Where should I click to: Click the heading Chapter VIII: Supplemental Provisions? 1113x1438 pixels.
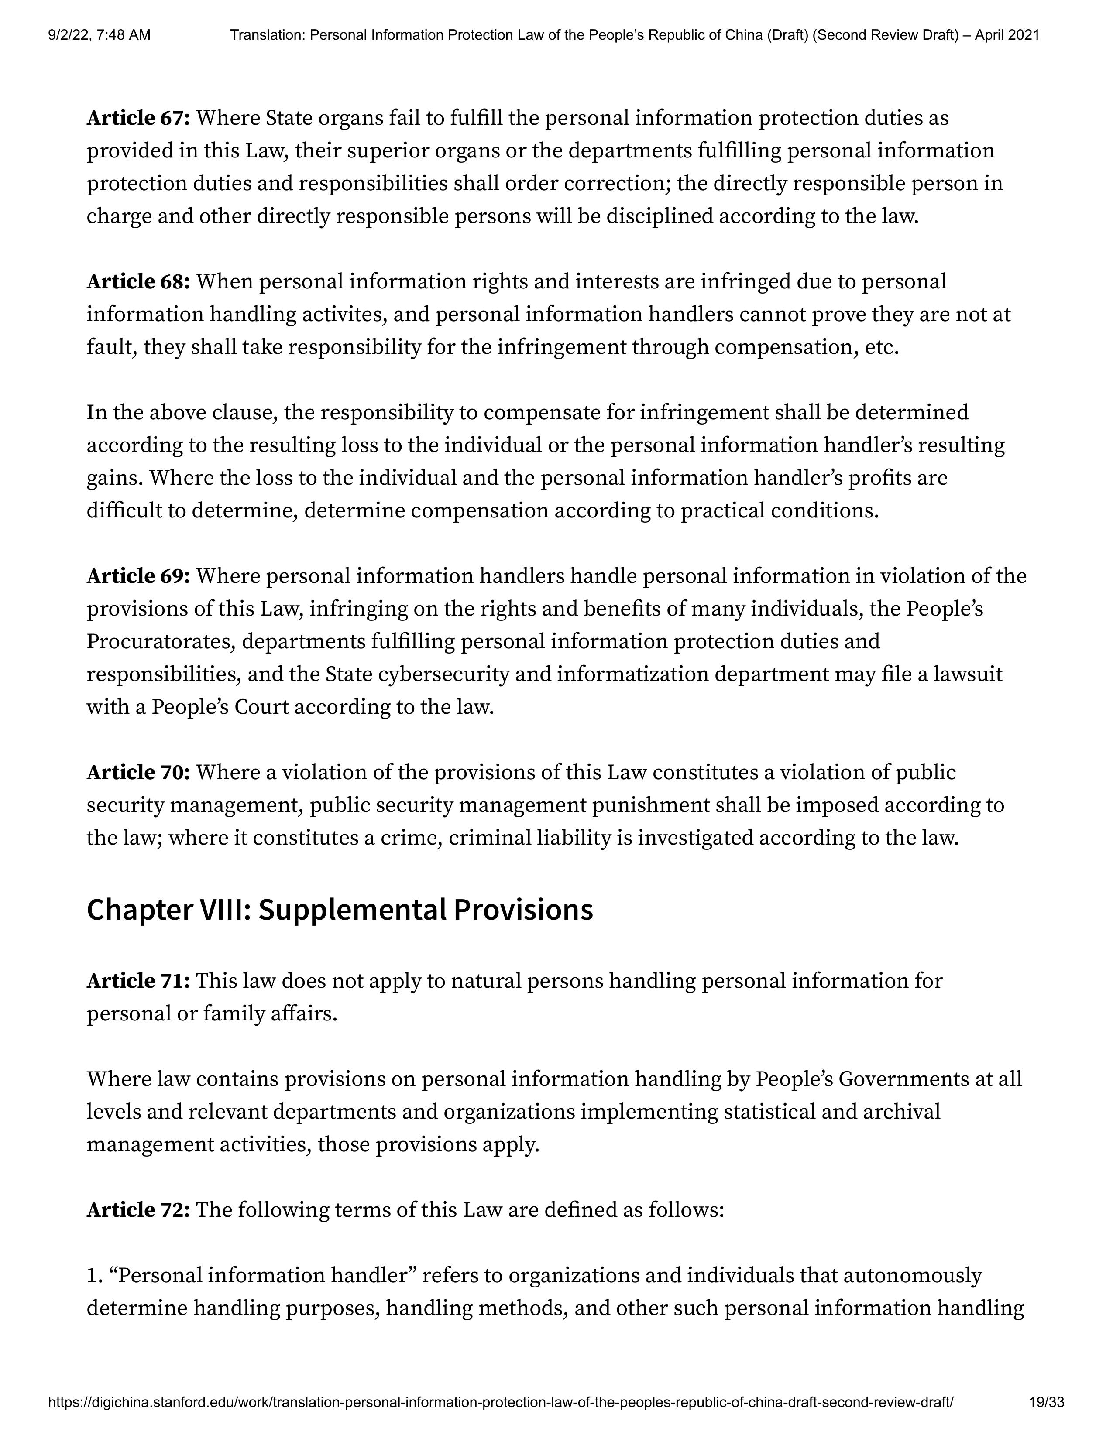tap(340, 910)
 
